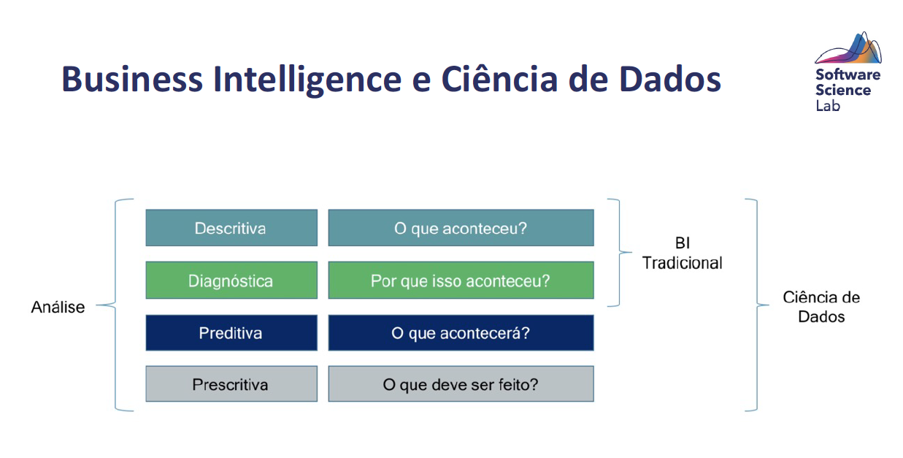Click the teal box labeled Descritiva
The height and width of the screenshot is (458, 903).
[x=231, y=228]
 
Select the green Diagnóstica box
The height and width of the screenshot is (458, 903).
[x=231, y=280]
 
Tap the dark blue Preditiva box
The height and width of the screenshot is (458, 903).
[x=231, y=333]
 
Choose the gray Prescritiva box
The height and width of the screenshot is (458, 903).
[x=231, y=383]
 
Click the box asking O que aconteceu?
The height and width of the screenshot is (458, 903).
[x=461, y=228]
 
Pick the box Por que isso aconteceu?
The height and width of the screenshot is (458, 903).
[x=461, y=280]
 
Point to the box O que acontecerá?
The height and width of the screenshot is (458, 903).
[x=461, y=333]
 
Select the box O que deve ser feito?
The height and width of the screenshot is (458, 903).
[x=461, y=383]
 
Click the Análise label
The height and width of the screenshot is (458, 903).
[x=58, y=307]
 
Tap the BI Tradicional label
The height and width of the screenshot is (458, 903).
[x=682, y=253]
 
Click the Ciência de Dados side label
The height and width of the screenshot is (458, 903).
[x=821, y=307]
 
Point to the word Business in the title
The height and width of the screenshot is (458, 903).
[x=132, y=79]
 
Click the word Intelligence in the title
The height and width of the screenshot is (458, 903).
[x=307, y=80]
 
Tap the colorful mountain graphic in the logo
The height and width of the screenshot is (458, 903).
[x=848, y=48]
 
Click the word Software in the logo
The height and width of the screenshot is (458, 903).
[x=848, y=75]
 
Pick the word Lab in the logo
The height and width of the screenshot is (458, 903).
[x=828, y=106]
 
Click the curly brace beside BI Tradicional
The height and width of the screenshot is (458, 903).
[x=619, y=253]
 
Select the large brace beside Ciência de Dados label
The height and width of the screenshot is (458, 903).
[x=757, y=305]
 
